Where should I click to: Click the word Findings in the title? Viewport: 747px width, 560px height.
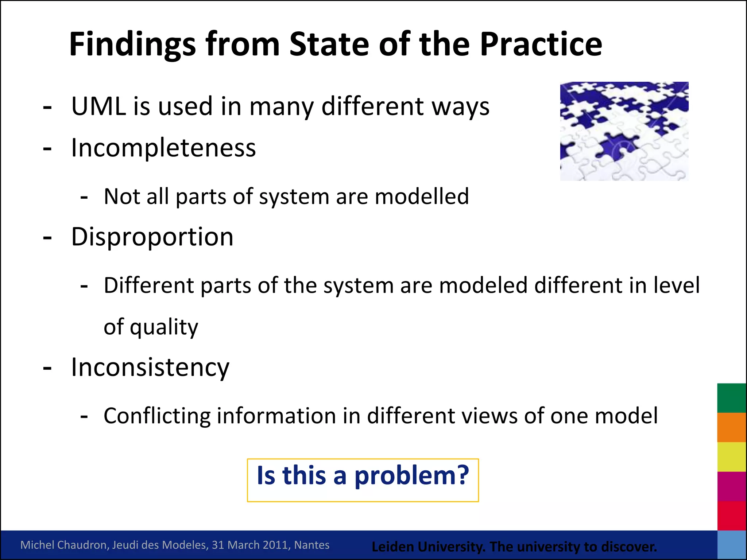(x=132, y=44)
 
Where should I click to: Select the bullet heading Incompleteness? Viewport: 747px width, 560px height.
(x=163, y=148)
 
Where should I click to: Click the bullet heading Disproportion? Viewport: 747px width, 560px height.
(x=152, y=237)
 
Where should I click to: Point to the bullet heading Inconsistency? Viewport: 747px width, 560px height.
(x=150, y=367)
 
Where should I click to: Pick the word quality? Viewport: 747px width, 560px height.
(x=164, y=327)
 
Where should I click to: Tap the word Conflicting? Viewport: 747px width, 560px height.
(x=157, y=416)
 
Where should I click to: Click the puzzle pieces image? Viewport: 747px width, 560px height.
(x=624, y=131)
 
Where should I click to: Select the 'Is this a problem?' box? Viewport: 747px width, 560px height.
(x=363, y=480)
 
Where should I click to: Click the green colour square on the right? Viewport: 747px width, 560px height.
(x=731, y=398)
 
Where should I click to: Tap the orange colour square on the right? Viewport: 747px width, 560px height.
(x=731, y=427)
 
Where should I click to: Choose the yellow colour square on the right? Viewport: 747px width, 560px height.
(x=731, y=457)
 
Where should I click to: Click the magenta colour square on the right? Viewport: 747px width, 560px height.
(x=731, y=486)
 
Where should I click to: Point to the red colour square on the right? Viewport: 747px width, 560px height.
(x=731, y=516)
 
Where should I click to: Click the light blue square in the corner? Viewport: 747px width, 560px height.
(x=731, y=545)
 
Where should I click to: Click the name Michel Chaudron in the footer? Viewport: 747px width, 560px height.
(x=64, y=545)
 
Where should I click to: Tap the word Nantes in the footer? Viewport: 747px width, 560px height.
(x=311, y=545)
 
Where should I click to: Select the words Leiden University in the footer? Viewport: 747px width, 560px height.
(x=428, y=547)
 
